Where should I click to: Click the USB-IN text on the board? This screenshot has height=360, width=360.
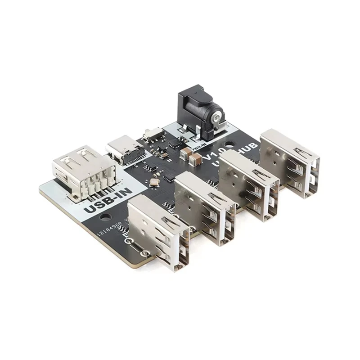pyautogui.click(x=108, y=201)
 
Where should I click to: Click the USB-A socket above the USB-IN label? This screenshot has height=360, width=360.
pyautogui.click(x=83, y=171)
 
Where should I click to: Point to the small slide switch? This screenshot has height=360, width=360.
pyautogui.click(x=152, y=132)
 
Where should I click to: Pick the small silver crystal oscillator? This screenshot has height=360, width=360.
pyautogui.click(x=154, y=182)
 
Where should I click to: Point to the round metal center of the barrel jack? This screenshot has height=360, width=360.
pyautogui.click(x=217, y=118)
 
